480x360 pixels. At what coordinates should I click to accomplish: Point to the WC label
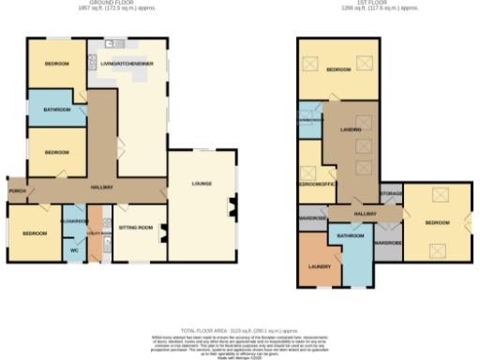coord(74,250)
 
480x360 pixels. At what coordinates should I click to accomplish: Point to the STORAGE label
coord(391,194)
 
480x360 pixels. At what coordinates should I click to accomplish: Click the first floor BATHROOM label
coord(350,236)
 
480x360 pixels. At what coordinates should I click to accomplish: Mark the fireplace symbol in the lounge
coord(231,209)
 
